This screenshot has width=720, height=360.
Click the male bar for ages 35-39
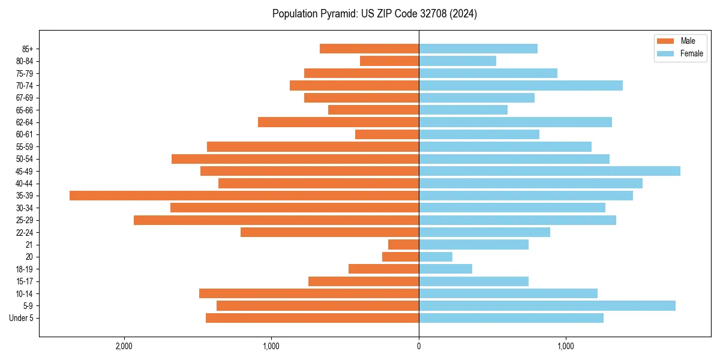coord(244,196)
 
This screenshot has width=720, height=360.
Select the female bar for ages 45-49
coord(550,171)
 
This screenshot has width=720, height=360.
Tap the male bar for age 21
coord(403,245)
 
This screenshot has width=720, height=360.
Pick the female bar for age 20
coord(436,257)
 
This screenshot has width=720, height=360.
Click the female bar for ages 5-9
coord(547,306)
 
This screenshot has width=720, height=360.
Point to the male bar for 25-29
coord(276,220)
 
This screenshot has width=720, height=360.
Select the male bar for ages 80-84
coord(389,61)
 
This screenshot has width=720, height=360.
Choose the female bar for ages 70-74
coord(521,86)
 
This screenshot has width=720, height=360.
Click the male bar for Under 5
coord(312,318)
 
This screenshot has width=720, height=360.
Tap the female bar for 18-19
coord(445,269)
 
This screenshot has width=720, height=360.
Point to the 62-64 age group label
coord(25,122)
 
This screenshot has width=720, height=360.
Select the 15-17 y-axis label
coord(25,281)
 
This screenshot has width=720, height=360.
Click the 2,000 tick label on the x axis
coord(124,347)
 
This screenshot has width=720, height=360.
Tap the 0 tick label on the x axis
coord(419,347)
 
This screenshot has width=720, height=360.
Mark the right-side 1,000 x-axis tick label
coord(566,347)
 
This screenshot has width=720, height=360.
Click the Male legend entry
coord(688,41)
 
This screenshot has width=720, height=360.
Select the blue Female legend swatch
coord(666,54)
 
